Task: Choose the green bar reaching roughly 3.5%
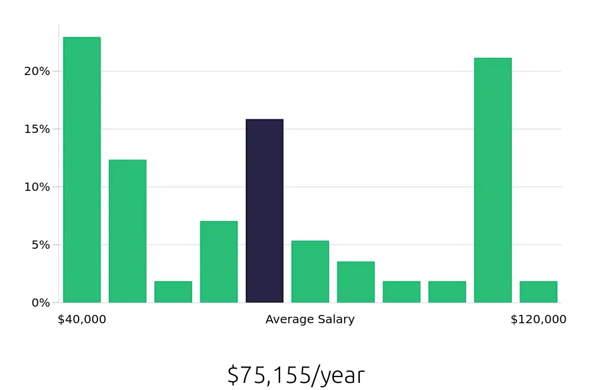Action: [x=356, y=282]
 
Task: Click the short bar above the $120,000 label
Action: [x=538, y=292]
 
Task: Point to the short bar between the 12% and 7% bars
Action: [x=173, y=292]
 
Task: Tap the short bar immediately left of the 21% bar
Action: [x=447, y=292]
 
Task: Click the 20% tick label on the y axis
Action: [x=37, y=71]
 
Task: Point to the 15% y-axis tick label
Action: [x=37, y=129]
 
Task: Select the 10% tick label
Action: [x=37, y=187]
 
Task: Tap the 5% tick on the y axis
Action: [x=40, y=245]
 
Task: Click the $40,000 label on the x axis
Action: [x=82, y=320]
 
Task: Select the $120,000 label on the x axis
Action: [x=538, y=320]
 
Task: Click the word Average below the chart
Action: [x=288, y=320]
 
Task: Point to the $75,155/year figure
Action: [x=296, y=375]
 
